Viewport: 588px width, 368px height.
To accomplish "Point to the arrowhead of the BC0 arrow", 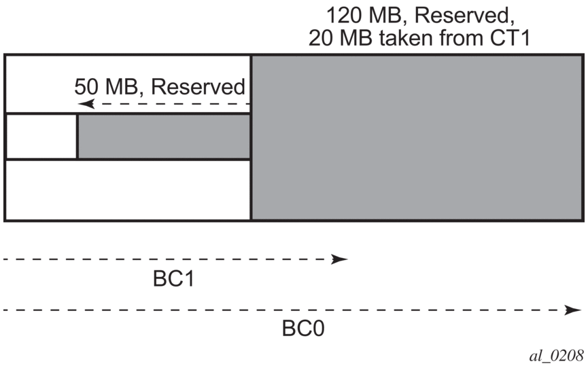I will pos(568,310).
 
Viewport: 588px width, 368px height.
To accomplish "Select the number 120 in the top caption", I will pos(345,14).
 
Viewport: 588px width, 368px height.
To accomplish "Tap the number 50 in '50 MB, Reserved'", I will pos(86,87).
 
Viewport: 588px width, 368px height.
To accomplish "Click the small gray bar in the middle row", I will pos(164,136).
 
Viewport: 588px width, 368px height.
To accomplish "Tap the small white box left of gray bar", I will pos(41,136).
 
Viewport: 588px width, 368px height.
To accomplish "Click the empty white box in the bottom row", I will pos(128,189).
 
